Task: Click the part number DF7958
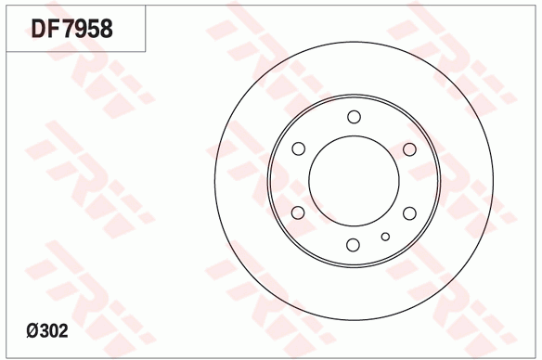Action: (x=71, y=29)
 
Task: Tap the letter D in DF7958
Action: (x=39, y=29)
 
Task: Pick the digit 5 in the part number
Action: (x=95, y=29)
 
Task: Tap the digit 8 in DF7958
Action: (x=107, y=29)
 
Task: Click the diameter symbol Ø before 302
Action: (x=32, y=331)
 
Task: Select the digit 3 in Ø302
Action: (x=44, y=331)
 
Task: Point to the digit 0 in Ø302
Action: (x=53, y=331)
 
